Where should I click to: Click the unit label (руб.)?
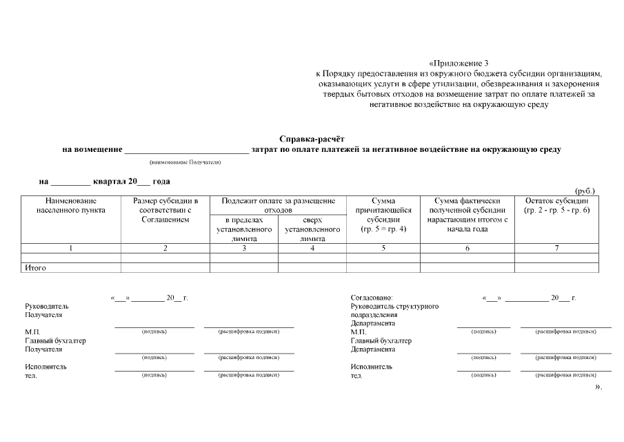pos(585,191)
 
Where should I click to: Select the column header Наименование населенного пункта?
pos(71,205)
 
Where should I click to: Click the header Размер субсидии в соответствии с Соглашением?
pos(165,210)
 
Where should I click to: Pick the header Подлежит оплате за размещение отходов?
pos(278,205)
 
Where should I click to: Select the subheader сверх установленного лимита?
pos(312,229)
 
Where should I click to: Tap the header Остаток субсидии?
pos(556,205)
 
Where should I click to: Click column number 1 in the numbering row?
pos(71,248)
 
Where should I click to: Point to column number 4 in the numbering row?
pos(312,248)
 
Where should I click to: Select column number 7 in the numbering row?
pos(556,248)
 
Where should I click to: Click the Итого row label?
pos(36,267)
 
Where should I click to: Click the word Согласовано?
pos(372,297)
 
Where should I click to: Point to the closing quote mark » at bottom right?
pos(598,387)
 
